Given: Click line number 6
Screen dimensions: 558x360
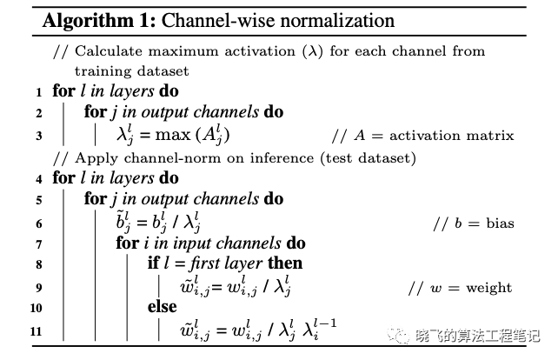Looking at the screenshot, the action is [x=38, y=223].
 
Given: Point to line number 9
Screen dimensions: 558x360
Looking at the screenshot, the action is [x=38, y=288].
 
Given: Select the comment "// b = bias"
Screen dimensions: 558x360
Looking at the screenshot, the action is [x=474, y=223].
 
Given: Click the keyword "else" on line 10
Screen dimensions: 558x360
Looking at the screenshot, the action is [x=162, y=308].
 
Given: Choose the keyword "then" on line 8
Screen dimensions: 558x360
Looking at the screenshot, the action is [x=285, y=264].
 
